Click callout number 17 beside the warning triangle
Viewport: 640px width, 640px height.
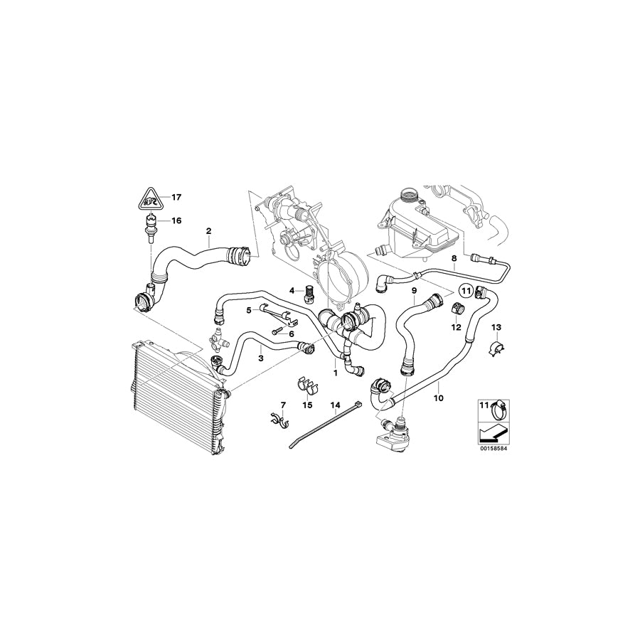click(x=176, y=196)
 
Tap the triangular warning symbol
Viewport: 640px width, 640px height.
click(x=149, y=198)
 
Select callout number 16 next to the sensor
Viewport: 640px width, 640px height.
click(x=176, y=220)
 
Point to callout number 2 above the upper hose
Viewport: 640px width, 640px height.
click(x=208, y=230)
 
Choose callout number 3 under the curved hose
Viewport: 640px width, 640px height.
click(x=262, y=358)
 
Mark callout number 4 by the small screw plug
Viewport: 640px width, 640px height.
click(x=291, y=290)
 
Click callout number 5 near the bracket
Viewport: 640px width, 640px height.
click(x=248, y=311)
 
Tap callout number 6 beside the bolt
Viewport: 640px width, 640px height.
click(x=291, y=333)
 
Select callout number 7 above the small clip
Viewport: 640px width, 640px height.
click(x=282, y=405)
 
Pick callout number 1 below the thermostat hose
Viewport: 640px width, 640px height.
click(x=335, y=371)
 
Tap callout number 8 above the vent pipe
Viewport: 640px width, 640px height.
click(x=454, y=257)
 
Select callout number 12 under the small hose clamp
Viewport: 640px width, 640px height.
click(x=456, y=327)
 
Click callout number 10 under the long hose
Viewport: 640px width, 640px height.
click(x=439, y=398)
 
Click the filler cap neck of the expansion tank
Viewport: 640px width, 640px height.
click(x=410, y=193)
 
